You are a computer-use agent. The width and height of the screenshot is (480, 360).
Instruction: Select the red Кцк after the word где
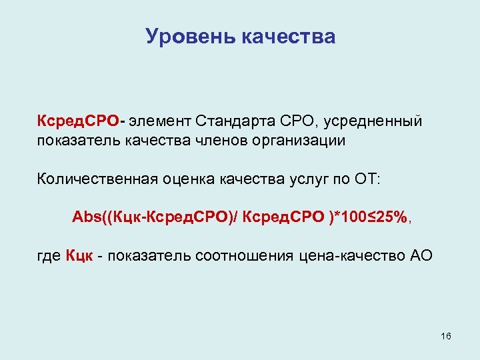point(79,256)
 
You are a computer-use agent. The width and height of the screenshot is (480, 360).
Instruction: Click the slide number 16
point(446,336)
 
